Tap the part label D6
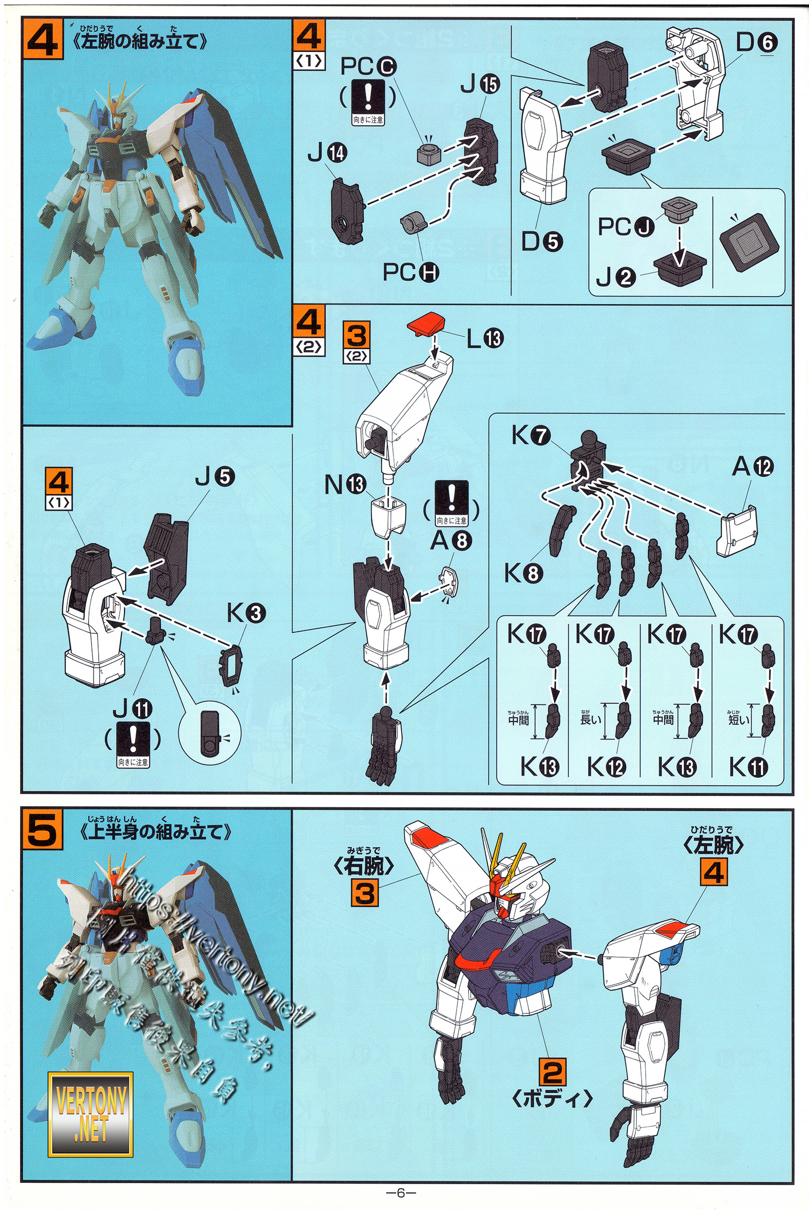coord(756,42)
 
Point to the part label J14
coord(328,153)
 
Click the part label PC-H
coord(411,272)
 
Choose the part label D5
coord(542,241)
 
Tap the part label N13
coord(345,484)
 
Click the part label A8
coord(451,540)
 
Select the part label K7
coord(531,436)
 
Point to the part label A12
coord(753,466)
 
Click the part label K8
coord(523,573)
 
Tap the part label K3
coord(246,613)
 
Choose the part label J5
coord(214,477)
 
